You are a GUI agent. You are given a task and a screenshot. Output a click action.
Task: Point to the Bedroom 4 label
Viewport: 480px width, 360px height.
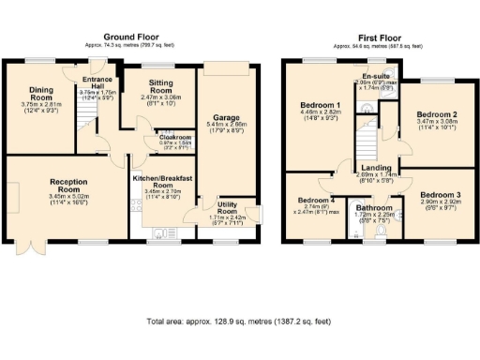[315, 201]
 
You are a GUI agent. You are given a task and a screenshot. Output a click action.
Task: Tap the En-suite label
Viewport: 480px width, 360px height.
[376, 78]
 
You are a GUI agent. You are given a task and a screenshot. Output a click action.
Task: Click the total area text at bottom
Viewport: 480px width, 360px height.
[239, 322]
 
